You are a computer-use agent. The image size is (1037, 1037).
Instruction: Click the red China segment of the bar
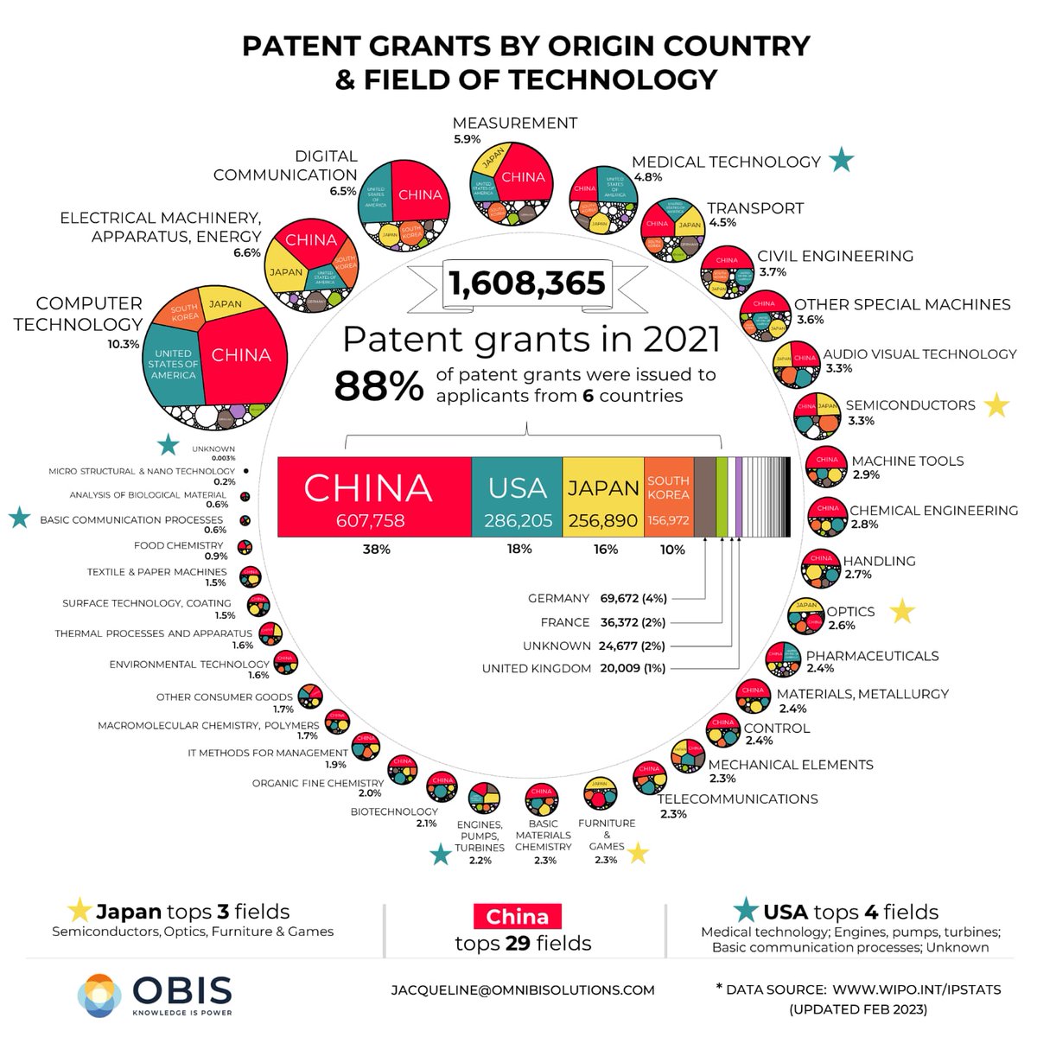point(374,497)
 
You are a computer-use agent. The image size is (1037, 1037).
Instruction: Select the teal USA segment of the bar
point(517,497)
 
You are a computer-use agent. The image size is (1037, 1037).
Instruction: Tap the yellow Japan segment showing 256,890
point(603,497)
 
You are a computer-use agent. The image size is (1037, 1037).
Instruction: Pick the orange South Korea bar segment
point(668,497)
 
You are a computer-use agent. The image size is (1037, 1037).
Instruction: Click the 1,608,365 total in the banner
point(527,283)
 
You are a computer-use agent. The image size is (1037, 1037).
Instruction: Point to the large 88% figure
point(379,387)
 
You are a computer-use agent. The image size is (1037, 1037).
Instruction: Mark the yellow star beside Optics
point(902,611)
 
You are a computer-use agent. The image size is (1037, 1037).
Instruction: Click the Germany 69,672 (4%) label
point(597,598)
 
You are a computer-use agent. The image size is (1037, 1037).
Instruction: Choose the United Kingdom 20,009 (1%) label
point(575,668)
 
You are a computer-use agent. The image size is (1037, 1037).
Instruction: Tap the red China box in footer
point(517,916)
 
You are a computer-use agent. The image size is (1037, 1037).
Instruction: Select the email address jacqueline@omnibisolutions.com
point(523,990)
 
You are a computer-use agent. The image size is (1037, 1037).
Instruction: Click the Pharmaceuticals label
point(872,656)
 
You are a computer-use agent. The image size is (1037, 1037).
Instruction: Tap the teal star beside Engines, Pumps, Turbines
point(441,855)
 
